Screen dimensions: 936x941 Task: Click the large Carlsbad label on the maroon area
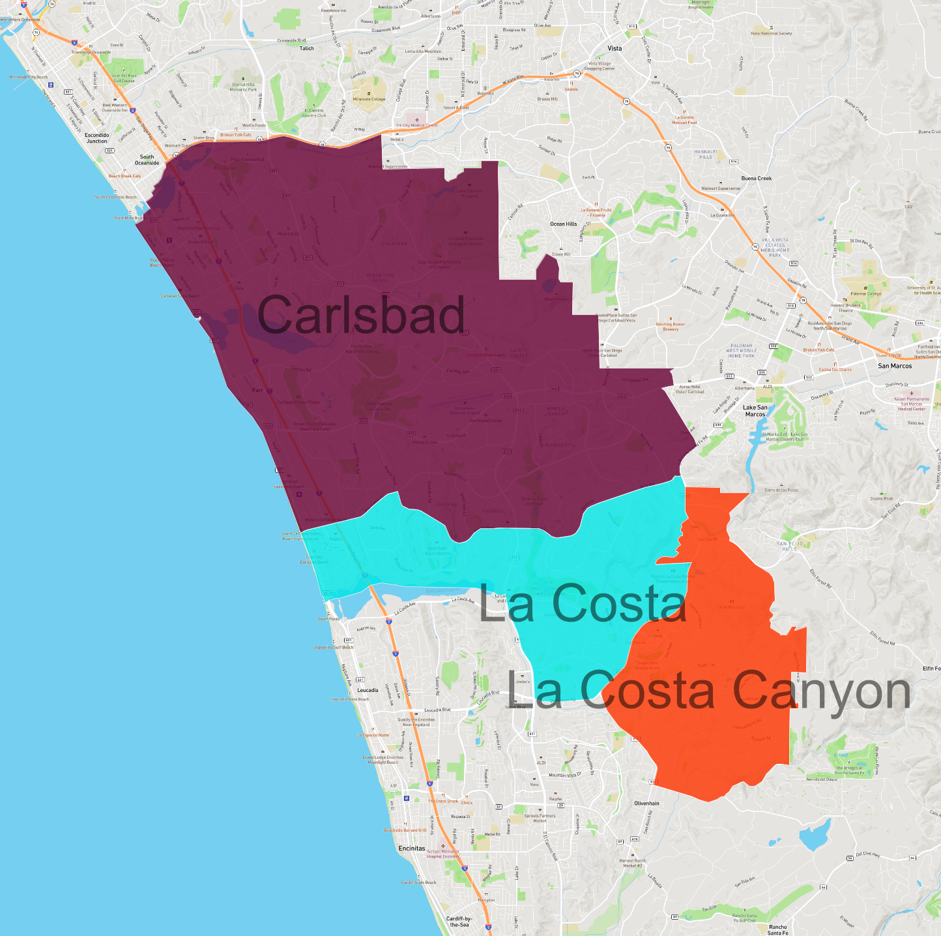(x=362, y=314)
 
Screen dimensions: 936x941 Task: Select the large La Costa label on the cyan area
(x=583, y=603)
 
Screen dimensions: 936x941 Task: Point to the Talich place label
(x=306, y=48)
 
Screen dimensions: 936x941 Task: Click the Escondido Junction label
(x=97, y=138)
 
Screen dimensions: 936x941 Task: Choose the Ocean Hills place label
(x=563, y=224)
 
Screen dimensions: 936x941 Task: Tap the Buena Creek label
(x=756, y=178)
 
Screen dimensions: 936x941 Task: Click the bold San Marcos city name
(x=894, y=366)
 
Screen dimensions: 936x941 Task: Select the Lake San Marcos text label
(x=755, y=411)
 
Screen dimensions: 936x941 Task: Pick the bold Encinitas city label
(x=412, y=849)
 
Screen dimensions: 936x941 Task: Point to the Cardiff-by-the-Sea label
(x=459, y=922)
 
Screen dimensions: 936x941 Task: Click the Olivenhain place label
(x=646, y=804)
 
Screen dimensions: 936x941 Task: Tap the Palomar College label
(x=865, y=294)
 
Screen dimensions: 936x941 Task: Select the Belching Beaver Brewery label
(x=671, y=326)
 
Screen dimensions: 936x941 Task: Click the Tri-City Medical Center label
(x=416, y=125)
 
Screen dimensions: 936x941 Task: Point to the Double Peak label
(x=881, y=498)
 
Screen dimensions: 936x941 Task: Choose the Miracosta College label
(x=369, y=99)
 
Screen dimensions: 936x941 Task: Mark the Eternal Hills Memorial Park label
(x=244, y=87)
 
